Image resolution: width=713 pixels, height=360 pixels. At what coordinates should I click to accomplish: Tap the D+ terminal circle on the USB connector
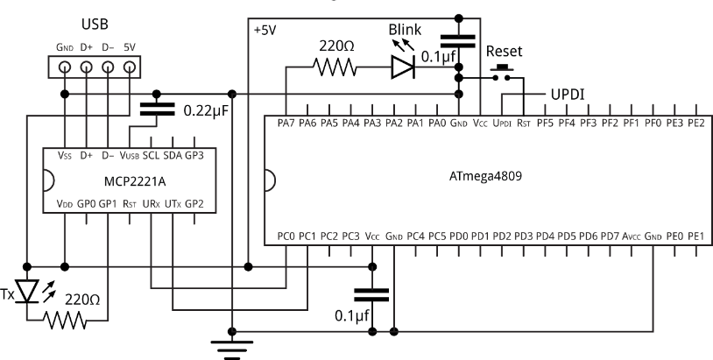87,67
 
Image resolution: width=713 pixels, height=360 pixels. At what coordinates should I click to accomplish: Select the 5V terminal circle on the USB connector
131,67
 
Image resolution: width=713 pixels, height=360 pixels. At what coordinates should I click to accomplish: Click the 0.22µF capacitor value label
208,112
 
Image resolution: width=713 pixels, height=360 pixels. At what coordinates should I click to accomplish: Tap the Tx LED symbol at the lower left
29,290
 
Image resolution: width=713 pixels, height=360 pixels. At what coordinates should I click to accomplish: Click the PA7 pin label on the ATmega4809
286,124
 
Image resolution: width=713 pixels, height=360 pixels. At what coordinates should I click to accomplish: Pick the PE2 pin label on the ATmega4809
695,124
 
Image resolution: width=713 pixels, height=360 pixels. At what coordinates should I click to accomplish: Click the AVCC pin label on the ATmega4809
630,236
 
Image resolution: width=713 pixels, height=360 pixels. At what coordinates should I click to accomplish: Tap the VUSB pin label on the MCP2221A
130,154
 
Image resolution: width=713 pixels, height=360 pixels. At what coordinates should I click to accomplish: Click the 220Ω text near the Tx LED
83,298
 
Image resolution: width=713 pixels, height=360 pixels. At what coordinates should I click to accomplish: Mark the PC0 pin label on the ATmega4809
286,236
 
